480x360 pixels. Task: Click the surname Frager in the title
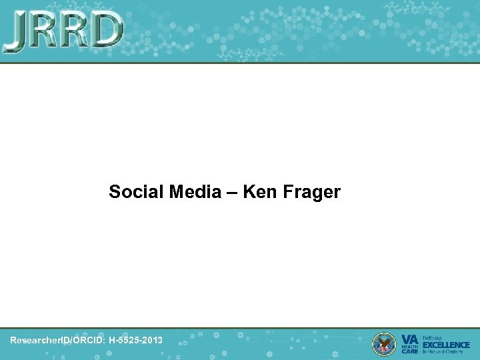click(x=311, y=193)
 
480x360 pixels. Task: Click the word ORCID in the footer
click(x=89, y=340)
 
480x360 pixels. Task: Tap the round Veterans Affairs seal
click(x=384, y=343)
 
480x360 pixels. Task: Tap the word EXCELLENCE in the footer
click(x=446, y=344)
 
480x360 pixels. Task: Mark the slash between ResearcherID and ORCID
click(x=71, y=340)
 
